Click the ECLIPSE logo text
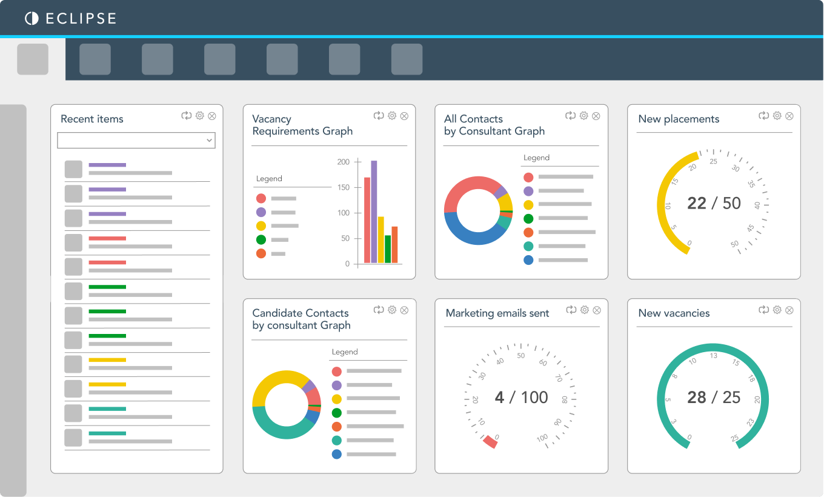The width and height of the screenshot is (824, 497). (81, 19)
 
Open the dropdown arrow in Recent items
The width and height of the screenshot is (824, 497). (209, 141)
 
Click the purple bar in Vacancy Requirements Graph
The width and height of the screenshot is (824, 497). (374, 212)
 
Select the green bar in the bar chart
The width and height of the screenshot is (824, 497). (388, 249)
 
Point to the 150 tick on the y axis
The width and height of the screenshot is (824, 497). (344, 187)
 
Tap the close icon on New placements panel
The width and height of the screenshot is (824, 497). (789, 116)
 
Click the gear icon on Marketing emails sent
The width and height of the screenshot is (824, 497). (585, 310)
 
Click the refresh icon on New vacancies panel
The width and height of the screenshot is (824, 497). (764, 310)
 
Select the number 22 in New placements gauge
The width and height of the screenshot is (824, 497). (697, 203)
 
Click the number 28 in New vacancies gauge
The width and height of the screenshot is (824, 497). (697, 397)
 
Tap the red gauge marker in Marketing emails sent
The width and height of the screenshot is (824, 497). (490, 442)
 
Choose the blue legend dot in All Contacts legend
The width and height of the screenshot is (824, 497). (528, 260)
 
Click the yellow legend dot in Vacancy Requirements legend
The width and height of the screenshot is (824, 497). (261, 225)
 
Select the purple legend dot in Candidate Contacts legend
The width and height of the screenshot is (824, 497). (337, 385)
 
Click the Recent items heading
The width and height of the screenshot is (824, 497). (92, 119)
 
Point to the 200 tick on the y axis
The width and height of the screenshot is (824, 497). (344, 162)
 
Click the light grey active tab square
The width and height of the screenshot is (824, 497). (33, 59)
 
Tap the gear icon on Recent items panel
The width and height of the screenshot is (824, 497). (200, 116)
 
